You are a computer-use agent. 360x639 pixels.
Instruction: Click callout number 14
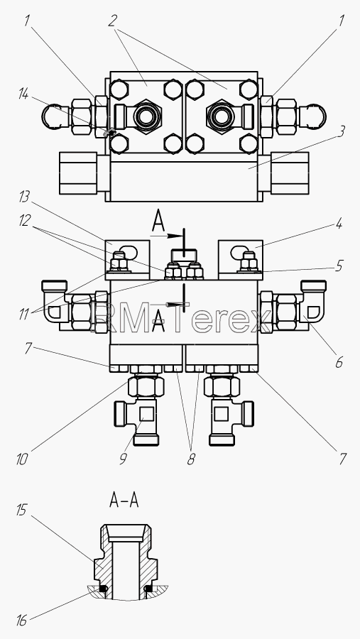point(23,94)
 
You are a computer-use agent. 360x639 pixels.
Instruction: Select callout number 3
point(342,131)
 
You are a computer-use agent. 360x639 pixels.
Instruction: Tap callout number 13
point(24,197)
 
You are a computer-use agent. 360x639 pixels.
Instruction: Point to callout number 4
point(339,224)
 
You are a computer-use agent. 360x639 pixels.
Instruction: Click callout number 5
point(339,266)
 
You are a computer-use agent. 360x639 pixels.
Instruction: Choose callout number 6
point(339,362)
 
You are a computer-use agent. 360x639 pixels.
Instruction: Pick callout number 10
point(21,459)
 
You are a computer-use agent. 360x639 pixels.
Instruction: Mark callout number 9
point(123,459)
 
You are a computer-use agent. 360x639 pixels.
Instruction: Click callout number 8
point(191,459)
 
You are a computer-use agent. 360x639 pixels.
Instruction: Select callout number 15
point(21,510)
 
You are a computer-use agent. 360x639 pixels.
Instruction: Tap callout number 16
point(21,621)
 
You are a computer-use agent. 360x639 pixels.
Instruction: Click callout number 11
point(24,315)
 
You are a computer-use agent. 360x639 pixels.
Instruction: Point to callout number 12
point(24,221)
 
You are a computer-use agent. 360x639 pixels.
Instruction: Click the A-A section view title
point(124,501)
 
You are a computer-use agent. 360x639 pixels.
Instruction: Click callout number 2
point(112,21)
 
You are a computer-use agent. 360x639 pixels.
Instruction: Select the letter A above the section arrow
point(158,222)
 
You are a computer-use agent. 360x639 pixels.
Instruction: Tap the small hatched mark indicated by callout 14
point(109,132)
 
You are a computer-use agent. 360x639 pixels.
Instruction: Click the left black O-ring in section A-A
point(104,589)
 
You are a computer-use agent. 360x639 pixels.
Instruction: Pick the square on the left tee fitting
point(146,414)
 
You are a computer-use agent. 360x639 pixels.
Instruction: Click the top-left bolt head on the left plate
point(119,89)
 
